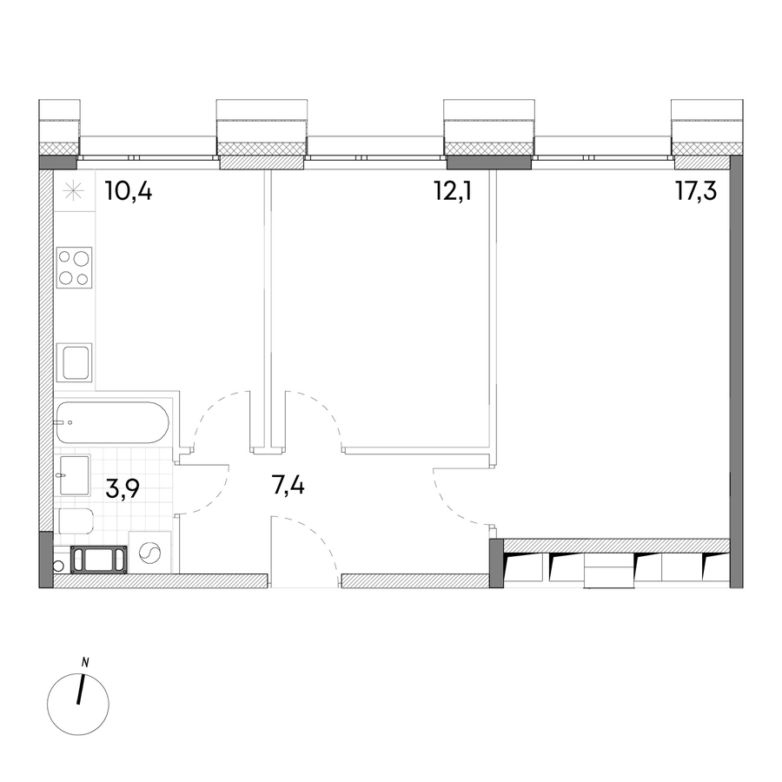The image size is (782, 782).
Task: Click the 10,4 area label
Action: (x=129, y=191)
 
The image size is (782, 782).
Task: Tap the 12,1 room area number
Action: (x=453, y=191)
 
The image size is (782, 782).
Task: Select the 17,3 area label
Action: (x=696, y=191)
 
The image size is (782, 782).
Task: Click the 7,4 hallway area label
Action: (x=288, y=485)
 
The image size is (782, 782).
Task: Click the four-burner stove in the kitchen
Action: (x=75, y=268)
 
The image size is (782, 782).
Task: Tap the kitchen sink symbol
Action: (x=75, y=362)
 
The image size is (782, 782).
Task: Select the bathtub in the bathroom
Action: (x=113, y=422)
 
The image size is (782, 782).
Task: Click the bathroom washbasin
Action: (x=75, y=474)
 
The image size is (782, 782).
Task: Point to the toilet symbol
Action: (x=76, y=521)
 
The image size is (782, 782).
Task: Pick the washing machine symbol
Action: (x=149, y=553)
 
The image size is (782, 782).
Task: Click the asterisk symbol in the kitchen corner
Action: (x=74, y=191)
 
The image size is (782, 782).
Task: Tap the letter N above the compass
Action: (x=85, y=663)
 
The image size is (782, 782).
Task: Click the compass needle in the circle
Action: (x=80, y=690)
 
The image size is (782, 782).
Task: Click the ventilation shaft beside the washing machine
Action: (x=99, y=560)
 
